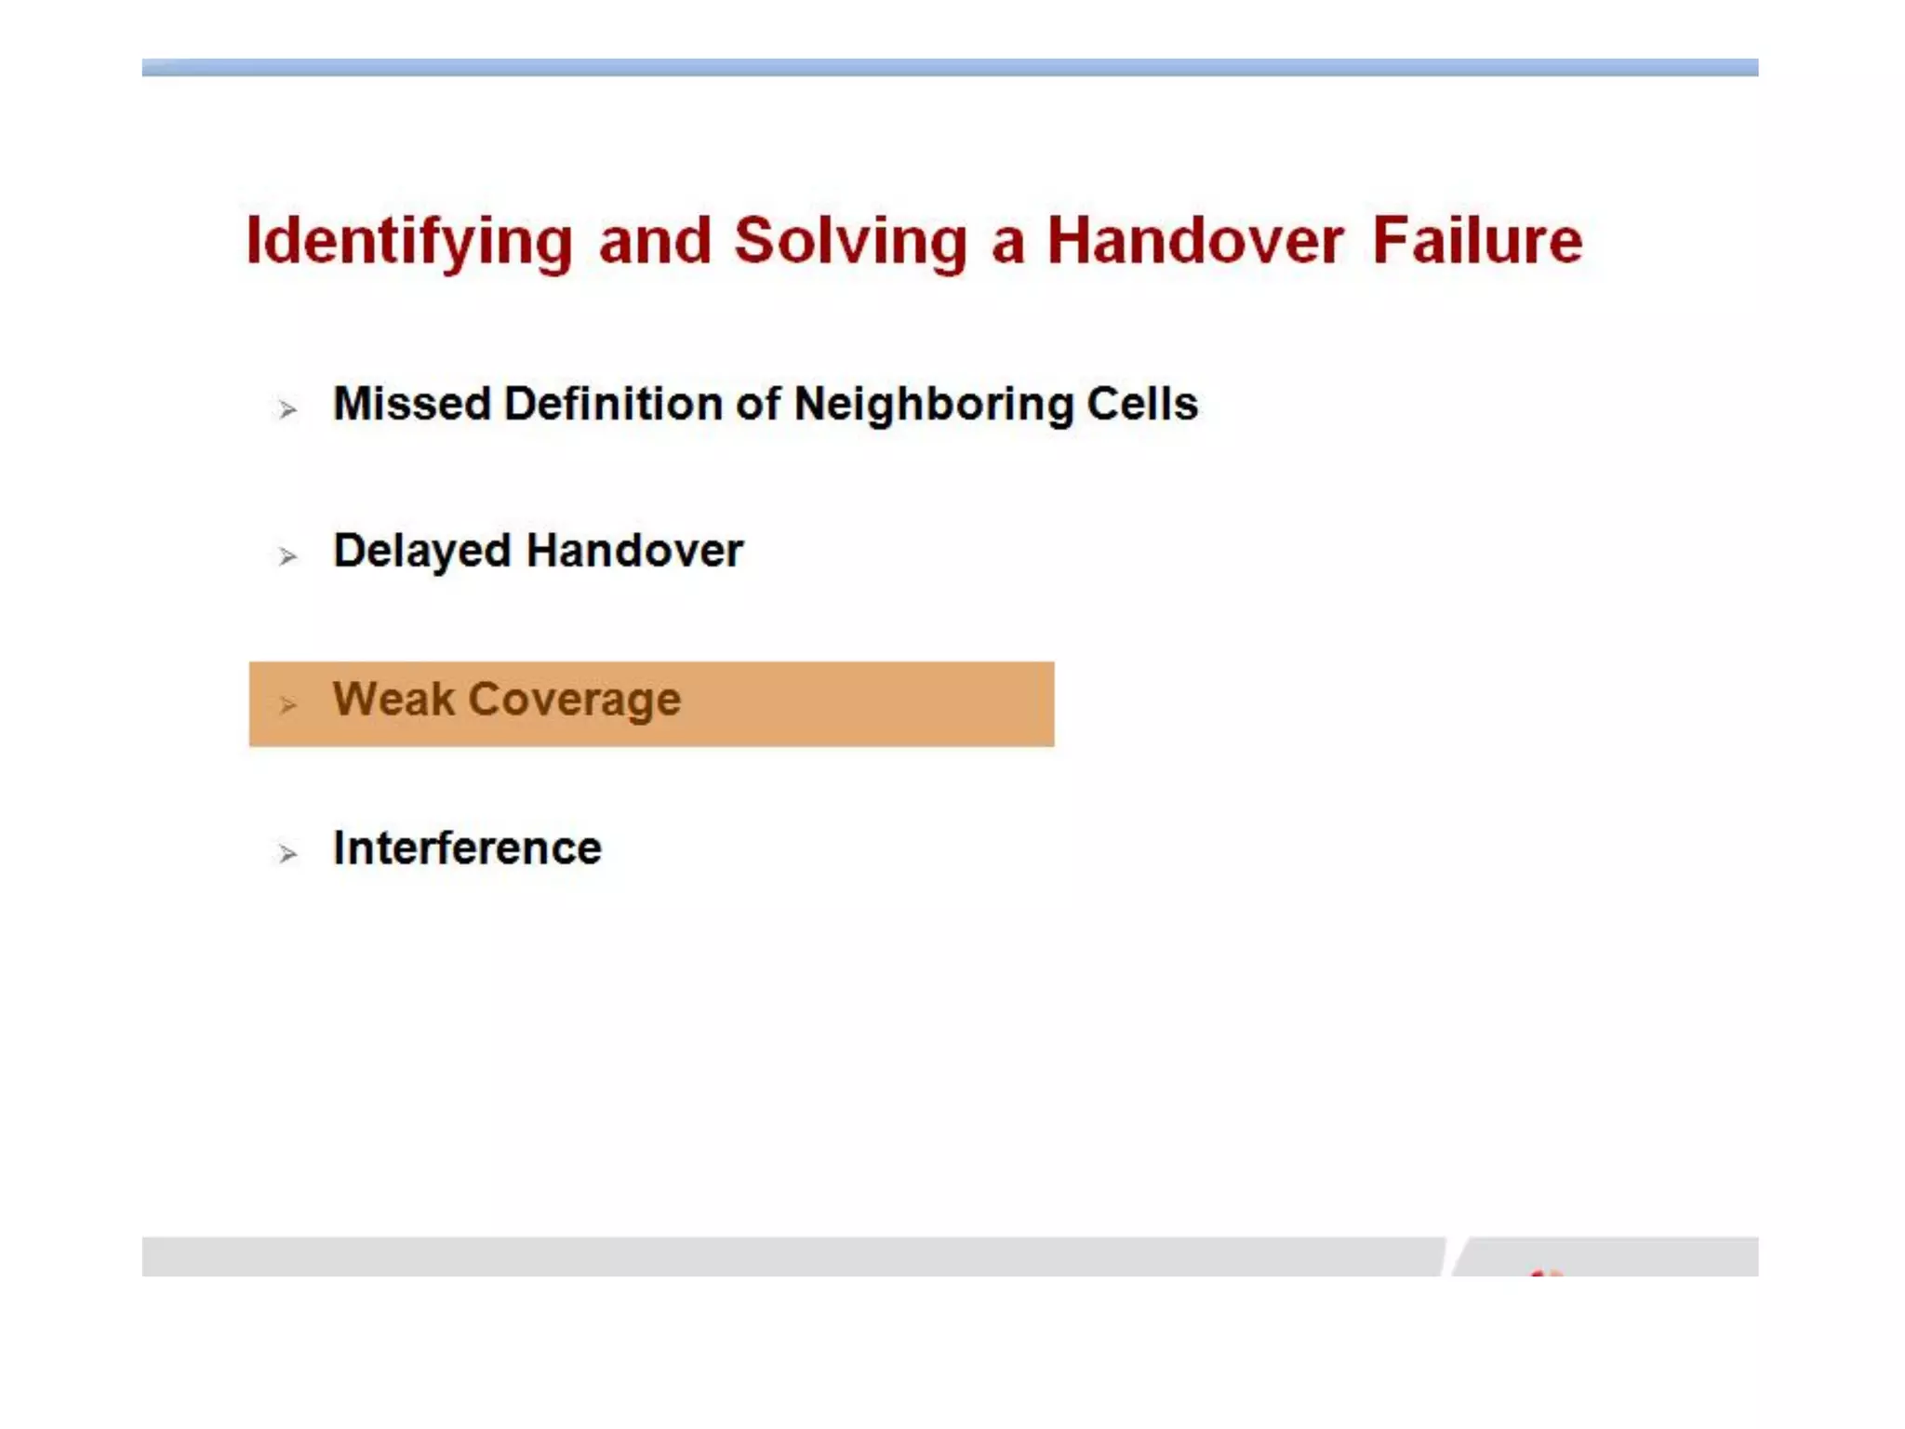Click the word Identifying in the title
coord(409,242)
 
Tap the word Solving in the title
coord(850,242)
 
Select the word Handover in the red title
coord(1195,240)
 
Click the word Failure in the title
coord(1477,240)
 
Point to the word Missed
coord(412,404)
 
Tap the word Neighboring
coord(933,406)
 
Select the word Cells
coord(1142,404)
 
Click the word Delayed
coord(422,551)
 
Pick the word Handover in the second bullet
coord(634,551)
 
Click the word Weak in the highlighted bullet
coord(394,699)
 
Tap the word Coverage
coord(574,701)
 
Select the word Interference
coord(467,848)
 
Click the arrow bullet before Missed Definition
coord(287,408)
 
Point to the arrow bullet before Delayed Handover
coord(287,555)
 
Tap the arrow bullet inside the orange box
coord(287,704)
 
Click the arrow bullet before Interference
coord(287,852)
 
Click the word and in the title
coord(655,242)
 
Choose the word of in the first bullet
coord(758,404)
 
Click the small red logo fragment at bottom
coord(1545,1272)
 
